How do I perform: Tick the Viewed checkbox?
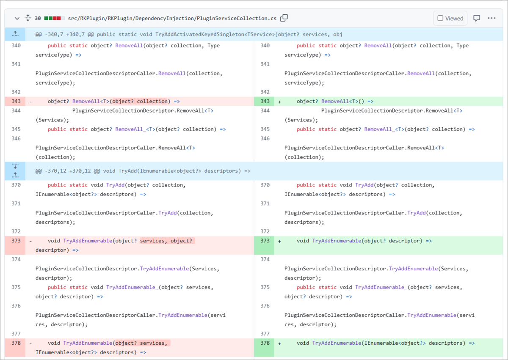coord(440,18)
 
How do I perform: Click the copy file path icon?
coord(284,18)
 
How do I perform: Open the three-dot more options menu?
coord(491,18)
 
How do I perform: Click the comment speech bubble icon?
coord(477,18)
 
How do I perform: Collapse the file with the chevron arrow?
coord(17,18)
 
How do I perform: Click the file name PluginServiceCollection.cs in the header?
coord(237,18)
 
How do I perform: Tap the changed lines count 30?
coord(38,18)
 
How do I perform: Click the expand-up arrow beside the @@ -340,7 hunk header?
coord(15,34)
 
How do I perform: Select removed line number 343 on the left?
coord(16,101)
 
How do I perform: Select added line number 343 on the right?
coord(265,101)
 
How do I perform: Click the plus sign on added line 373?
coord(279,242)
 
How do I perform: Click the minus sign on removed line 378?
coord(30,344)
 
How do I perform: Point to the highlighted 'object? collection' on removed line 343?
coord(140,101)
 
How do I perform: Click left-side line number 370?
coord(16,185)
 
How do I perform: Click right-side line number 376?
coord(265,305)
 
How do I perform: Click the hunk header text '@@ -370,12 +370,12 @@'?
coord(68,171)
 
